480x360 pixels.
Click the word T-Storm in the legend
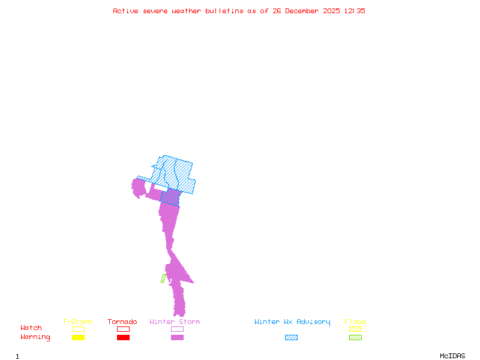click(77, 322)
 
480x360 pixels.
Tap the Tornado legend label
click(122, 322)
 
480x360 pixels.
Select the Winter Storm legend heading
click(175, 322)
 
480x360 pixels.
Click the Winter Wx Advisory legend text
click(292, 322)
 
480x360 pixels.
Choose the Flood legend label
click(355, 322)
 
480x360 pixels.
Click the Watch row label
click(31, 328)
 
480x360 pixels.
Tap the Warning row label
click(35, 337)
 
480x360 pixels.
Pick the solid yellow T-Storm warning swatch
click(78, 338)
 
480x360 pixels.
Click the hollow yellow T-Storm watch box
click(78, 329)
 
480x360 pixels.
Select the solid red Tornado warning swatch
click(123, 338)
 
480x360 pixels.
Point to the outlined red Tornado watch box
click(123, 329)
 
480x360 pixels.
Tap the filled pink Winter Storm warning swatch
click(177, 338)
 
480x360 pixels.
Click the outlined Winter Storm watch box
click(177, 329)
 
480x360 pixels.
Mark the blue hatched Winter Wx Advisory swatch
click(291, 338)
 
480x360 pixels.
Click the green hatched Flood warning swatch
click(355, 338)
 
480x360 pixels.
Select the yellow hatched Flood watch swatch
click(355, 329)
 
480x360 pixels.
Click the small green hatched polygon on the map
click(163, 278)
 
